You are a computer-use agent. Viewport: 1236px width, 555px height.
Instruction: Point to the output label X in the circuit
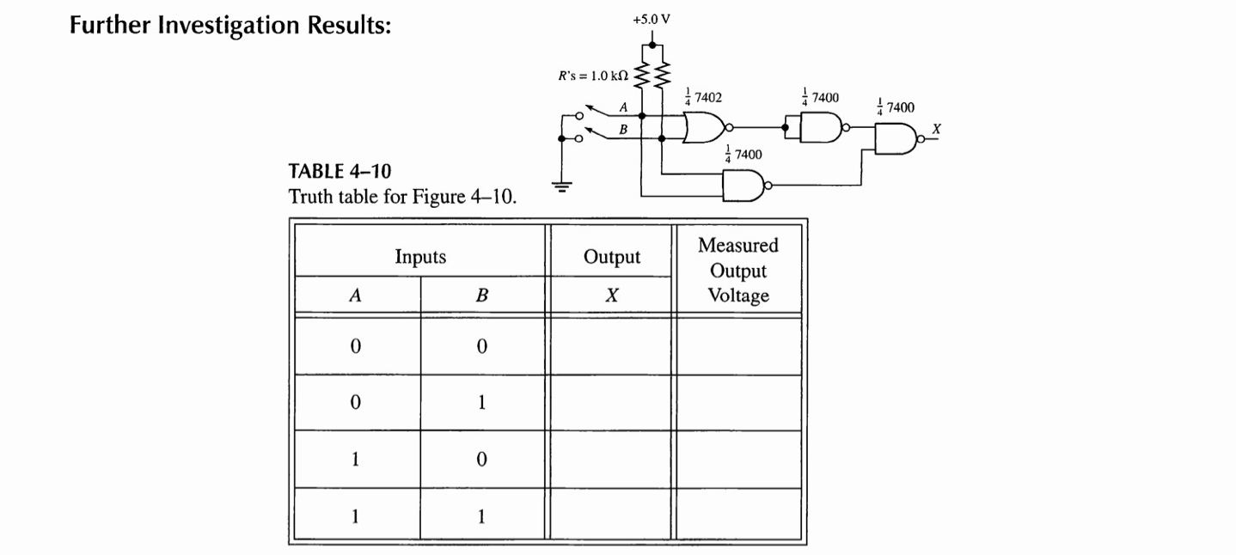tap(937, 128)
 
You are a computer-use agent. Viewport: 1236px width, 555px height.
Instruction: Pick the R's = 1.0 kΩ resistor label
tap(594, 76)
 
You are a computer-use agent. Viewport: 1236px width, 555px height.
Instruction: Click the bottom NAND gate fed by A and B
tap(743, 186)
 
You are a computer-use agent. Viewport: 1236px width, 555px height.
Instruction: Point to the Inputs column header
tap(420, 256)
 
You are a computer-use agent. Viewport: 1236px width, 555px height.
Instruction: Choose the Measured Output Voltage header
tap(738, 271)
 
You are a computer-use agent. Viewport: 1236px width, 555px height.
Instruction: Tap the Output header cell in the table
tap(611, 256)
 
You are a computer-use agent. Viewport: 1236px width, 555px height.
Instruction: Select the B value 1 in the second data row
tap(482, 403)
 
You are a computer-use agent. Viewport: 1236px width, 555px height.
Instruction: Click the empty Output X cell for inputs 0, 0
tap(611, 347)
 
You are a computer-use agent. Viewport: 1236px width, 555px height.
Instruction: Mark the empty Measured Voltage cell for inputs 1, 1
tap(738, 516)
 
